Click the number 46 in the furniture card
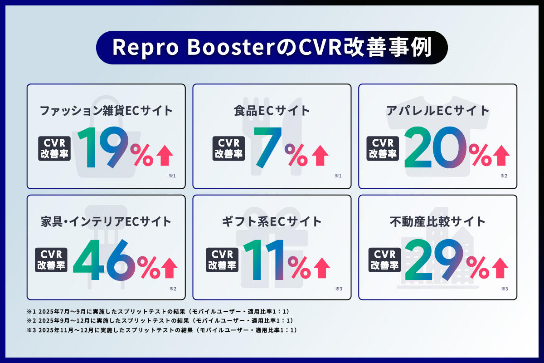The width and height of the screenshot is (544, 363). point(104,260)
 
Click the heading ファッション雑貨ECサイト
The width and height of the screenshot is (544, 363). point(106,110)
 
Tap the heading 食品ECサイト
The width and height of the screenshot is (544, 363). point(272,110)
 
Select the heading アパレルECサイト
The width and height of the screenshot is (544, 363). point(437,110)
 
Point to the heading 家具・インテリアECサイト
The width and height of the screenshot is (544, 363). point(106,221)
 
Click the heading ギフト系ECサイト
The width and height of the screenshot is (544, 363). point(272,221)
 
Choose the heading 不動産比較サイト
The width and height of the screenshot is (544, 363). point(437,221)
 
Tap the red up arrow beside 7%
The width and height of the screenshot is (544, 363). point(320,156)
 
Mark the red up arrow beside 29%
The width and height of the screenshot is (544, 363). point(501,268)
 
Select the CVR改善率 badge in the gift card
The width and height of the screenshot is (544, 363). point(222,260)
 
